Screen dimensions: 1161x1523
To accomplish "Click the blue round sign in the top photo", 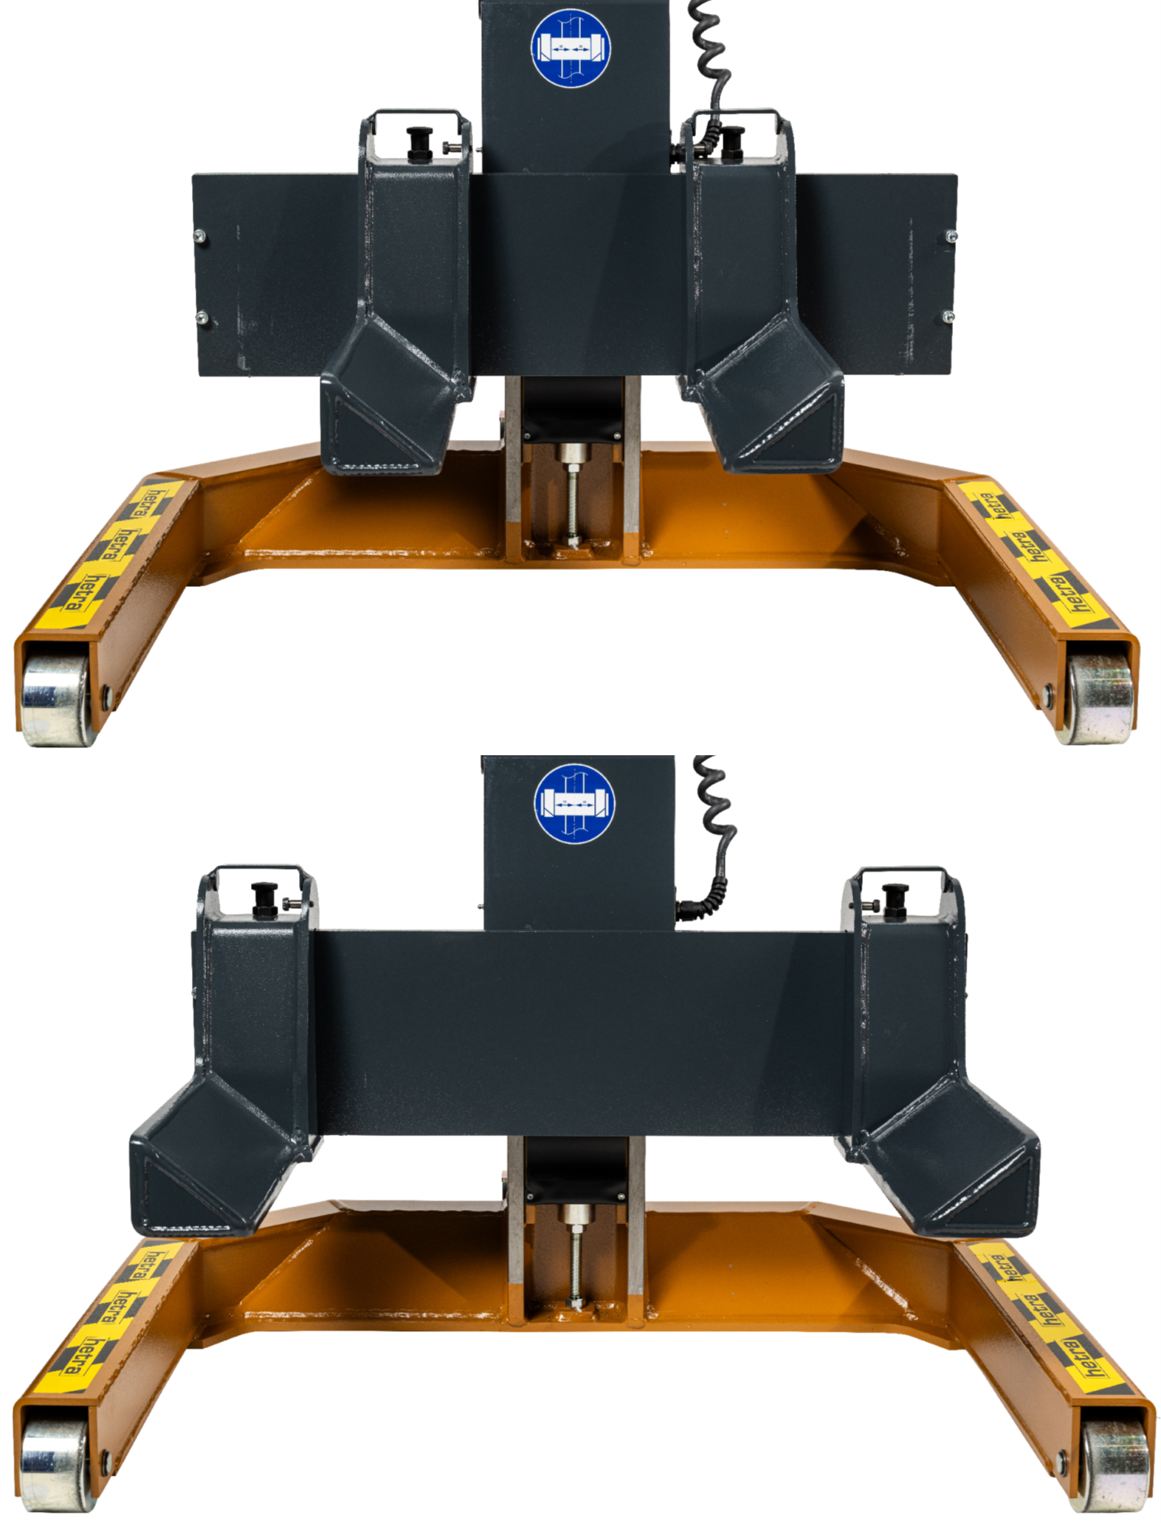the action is pyautogui.click(x=570, y=47).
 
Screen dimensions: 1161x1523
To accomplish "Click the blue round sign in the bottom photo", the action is pyautogui.click(x=573, y=804).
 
